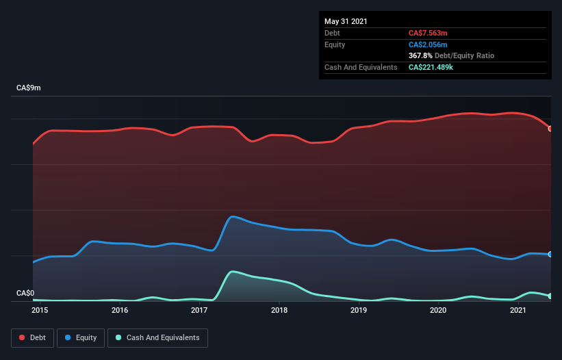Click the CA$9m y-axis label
(x=29, y=88)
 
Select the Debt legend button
(x=32, y=337)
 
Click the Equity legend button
(x=81, y=337)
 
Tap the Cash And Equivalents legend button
(x=157, y=337)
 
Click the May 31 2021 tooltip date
(x=346, y=21)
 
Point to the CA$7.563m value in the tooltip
(x=428, y=32)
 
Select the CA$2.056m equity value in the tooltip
(x=428, y=44)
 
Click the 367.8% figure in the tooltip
(x=420, y=55)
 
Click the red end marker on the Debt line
(x=550, y=129)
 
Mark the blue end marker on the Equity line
(x=550, y=254)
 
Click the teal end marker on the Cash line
(x=550, y=296)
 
